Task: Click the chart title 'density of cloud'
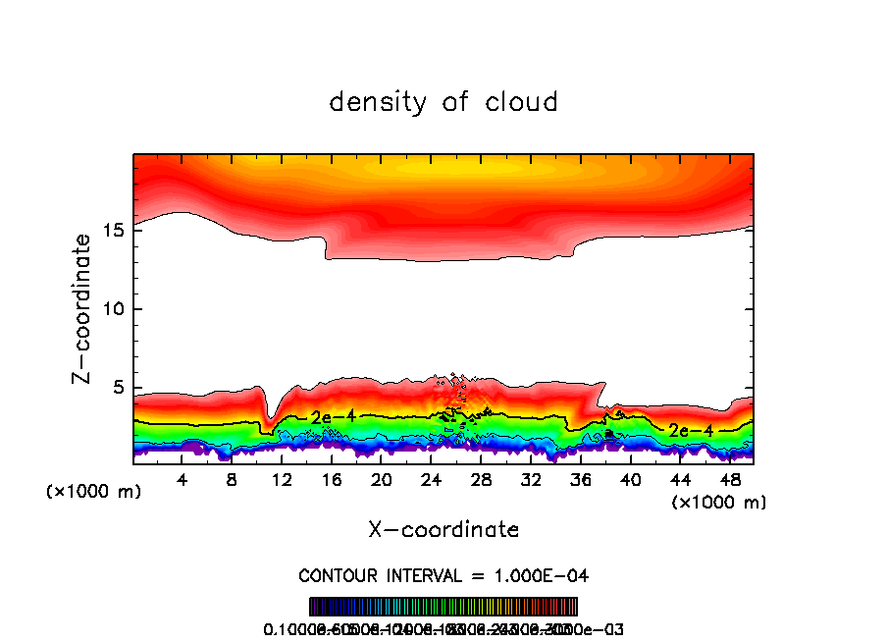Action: (443, 102)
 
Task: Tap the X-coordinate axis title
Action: (443, 530)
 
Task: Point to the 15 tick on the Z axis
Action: (118, 231)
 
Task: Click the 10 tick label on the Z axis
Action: (118, 309)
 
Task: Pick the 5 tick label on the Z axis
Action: (123, 388)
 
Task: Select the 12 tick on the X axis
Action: (282, 480)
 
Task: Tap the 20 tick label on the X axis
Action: (382, 480)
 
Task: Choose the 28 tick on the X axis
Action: (481, 480)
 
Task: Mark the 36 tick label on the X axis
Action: (580, 480)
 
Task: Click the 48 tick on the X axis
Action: (729, 480)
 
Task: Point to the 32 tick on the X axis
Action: (531, 480)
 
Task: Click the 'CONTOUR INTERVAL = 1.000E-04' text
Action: (443, 575)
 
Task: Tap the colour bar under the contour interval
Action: (443, 607)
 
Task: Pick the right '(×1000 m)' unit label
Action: (719, 503)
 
